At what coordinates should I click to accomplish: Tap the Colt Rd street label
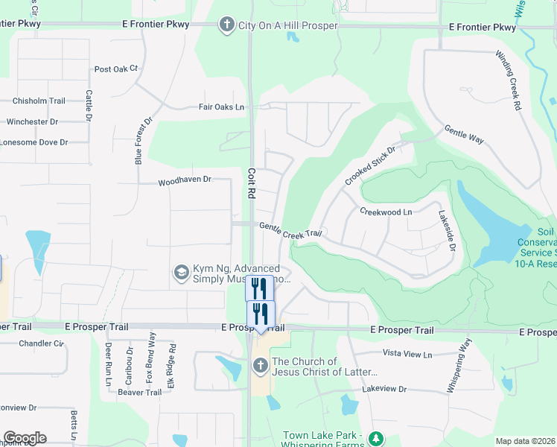pyautogui.click(x=251, y=182)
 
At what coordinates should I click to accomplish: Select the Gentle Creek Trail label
pyautogui.click(x=290, y=230)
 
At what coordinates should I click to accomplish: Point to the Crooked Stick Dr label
pyautogui.click(x=369, y=166)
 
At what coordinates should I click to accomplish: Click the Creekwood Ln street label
pyautogui.click(x=386, y=212)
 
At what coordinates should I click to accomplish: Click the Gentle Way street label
pyautogui.click(x=465, y=135)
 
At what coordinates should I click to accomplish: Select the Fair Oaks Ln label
pyautogui.click(x=221, y=107)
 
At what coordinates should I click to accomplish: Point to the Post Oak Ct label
pyautogui.click(x=116, y=69)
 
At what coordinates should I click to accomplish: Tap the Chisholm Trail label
pyautogui.click(x=39, y=101)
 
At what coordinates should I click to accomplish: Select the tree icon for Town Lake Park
pyautogui.click(x=376, y=439)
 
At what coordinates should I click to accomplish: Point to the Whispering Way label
pyautogui.click(x=460, y=366)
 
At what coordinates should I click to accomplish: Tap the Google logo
pyautogui.click(x=25, y=438)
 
